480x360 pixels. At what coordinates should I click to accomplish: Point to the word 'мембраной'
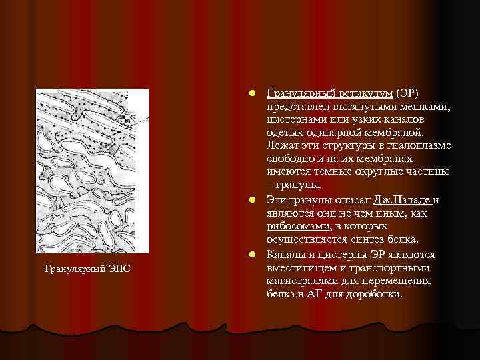393,132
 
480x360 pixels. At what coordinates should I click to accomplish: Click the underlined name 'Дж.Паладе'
403,200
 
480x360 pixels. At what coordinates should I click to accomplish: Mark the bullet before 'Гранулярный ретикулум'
250,92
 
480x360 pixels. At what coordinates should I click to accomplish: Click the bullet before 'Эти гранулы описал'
250,200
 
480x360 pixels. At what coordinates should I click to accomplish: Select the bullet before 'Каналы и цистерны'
250,254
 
